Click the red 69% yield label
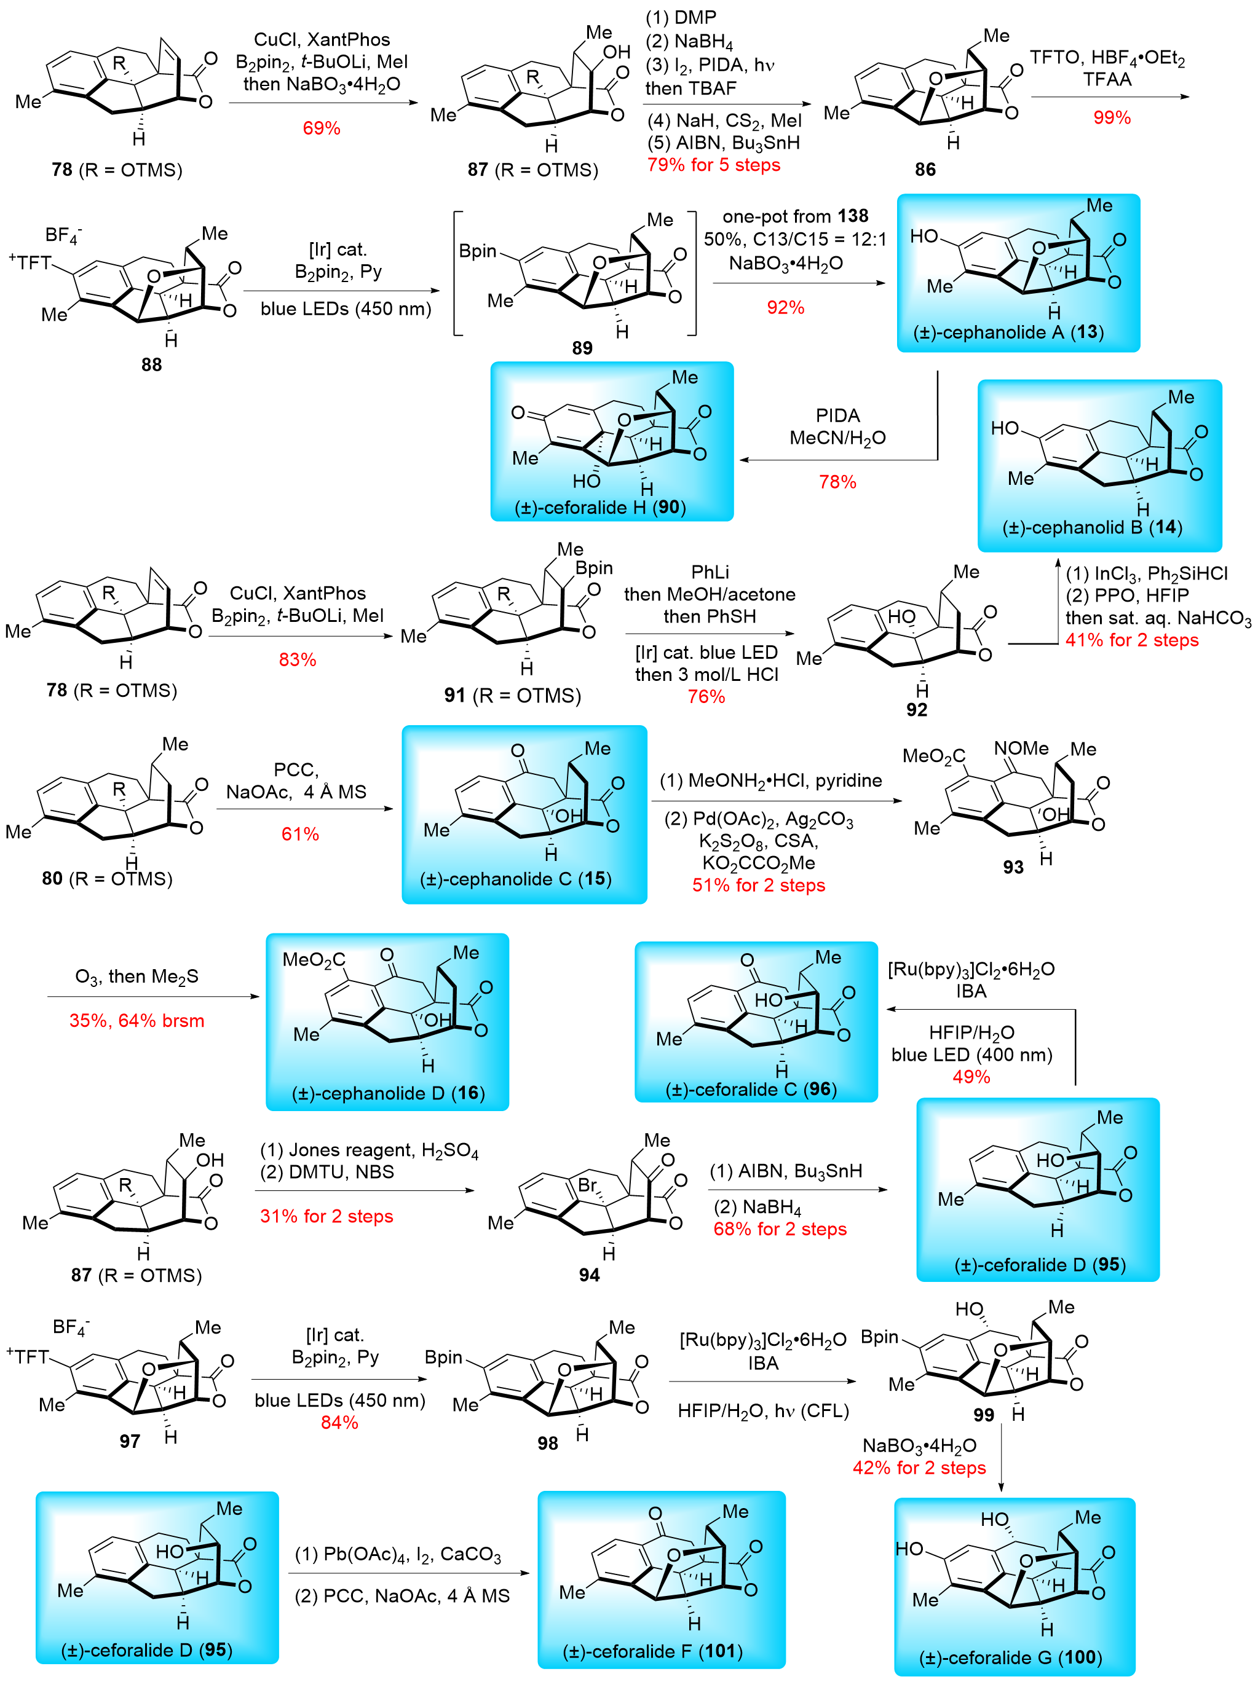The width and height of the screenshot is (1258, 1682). pyautogui.click(x=321, y=128)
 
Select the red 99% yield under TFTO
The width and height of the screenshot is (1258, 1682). pyautogui.click(x=1111, y=117)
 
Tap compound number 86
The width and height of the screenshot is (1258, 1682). pyautogui.click(x=925, y=169)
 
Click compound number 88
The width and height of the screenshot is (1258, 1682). pyautogui.click(x=151, y=364)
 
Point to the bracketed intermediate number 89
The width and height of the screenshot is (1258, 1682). pyautogui.click(x=582, y=347)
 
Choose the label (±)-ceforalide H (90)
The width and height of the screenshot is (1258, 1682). pyautogui.click(x=600, y=507)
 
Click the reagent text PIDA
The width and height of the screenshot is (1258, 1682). pyautogui.click(x=837, y=415)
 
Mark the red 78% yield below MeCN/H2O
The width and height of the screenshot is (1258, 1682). pyautogui.click(x=837, y=481)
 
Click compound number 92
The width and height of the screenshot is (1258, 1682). pyautogui.click(x=917, y=709)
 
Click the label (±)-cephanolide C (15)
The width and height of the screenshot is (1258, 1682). pyautogui.click(x=516, y=878)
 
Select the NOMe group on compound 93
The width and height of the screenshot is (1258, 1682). pyautogui.click(x=1021, y=749)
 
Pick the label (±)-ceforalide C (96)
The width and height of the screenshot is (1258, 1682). pyautogui.click(x=751, y=1089)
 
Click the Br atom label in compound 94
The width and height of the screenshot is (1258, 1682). pyautogui.click(x=587, y=1185)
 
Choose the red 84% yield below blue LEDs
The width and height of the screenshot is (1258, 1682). pyautogui.click(x=339, y=1422)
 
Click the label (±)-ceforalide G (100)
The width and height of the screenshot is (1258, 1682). pyautogui.click(x=1010, y=1657)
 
